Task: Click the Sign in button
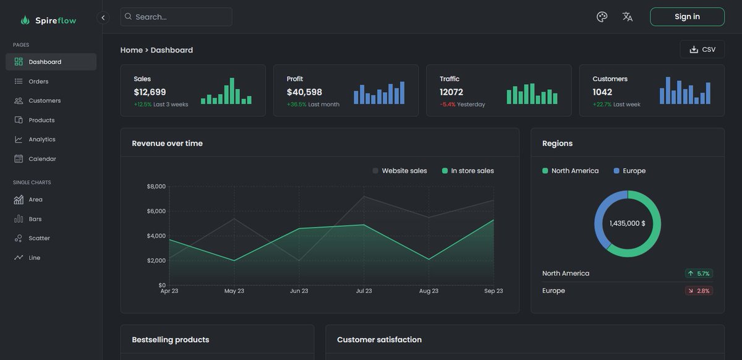click(x=687, y=17)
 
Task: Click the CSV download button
click(x=702, y=49)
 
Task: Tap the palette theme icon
click(x=602, y=17)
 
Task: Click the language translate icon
click(x=628, y=17)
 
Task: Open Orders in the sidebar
click(x=38, y=81)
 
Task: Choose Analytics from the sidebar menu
click(x=41, y=139)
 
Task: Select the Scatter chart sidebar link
click(x=39, y=238)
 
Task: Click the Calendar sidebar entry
click(x=42, y=159)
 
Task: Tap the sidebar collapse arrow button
click(x=103, y=17)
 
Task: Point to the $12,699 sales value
click(x=150, y=92)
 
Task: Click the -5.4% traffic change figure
click(x=448, y=105)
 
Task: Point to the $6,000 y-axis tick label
click(x=156, y=211)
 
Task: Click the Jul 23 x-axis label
click(x=364, y=291)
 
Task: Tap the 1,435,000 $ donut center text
click(x=627, y=223)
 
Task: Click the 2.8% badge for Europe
click(x=699, y=291)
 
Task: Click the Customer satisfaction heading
click(x=379, y=340)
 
